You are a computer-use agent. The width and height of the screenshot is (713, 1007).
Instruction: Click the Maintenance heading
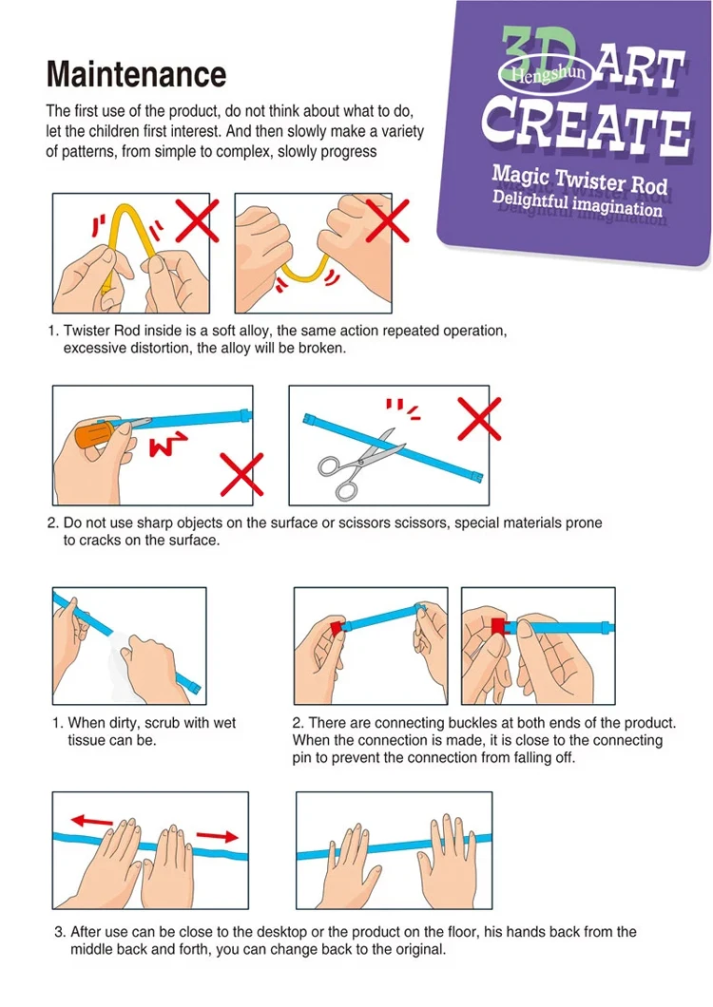(x=136, y=74)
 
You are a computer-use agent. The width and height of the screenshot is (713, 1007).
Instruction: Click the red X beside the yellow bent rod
(x=197, y=220)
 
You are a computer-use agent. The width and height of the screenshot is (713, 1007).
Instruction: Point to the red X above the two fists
(x=388, y=220)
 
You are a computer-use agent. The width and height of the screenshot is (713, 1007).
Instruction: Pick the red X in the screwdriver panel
(x=241, y=475)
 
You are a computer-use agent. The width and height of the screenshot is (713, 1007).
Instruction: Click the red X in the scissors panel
(x=479, y=419)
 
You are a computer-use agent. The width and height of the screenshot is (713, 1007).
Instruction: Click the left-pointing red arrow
(x=91, y=821)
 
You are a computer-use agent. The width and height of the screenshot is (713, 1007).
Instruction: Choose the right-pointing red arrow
(x=218, y=836)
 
